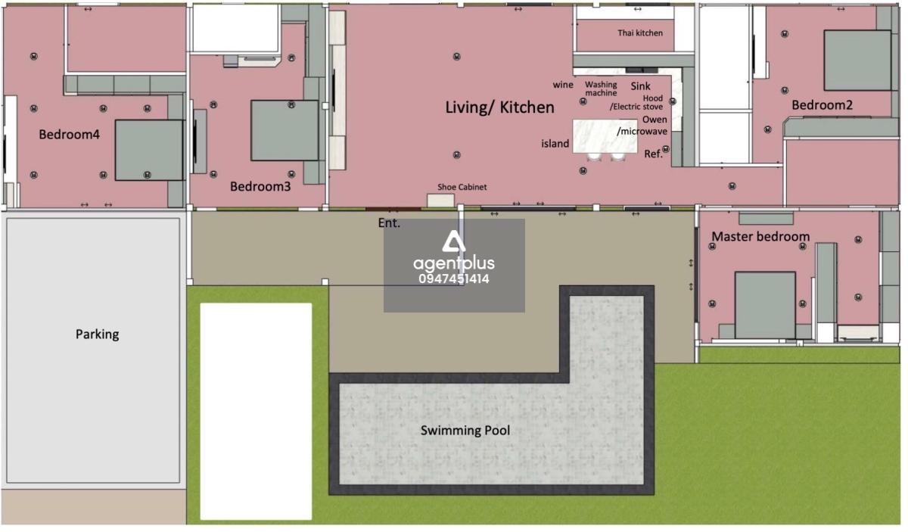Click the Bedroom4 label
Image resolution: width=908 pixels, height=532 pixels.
point(69,135)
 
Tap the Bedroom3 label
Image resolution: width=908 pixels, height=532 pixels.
point(260,186)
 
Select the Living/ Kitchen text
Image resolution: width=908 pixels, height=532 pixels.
point(500,107)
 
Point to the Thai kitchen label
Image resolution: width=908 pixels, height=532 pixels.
point(640,33)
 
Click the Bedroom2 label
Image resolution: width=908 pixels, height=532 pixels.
point(822,105)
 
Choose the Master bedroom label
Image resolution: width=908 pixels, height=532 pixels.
point(760,236)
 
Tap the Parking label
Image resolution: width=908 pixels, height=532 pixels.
point(98,334)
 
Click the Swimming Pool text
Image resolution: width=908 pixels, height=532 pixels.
point(465,431)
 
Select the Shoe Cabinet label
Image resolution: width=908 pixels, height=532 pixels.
point(462,187)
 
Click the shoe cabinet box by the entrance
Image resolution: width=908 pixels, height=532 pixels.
point(440,201)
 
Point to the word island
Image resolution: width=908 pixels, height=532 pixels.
point(555,144)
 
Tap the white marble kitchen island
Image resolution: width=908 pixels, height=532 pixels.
point(605,136)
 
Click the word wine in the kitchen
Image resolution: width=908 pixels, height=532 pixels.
point(563,86)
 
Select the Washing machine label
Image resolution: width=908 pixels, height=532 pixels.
point(601,89)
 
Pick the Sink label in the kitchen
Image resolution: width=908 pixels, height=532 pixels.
point(640,86)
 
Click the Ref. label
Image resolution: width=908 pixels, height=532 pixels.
point(653,154)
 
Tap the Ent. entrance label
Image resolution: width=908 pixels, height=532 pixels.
point(389,223)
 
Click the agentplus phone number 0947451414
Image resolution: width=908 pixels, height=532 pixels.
point(454,279)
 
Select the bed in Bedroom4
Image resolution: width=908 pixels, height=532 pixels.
point(149,150)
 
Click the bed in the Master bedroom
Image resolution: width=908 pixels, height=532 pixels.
point(765,305)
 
